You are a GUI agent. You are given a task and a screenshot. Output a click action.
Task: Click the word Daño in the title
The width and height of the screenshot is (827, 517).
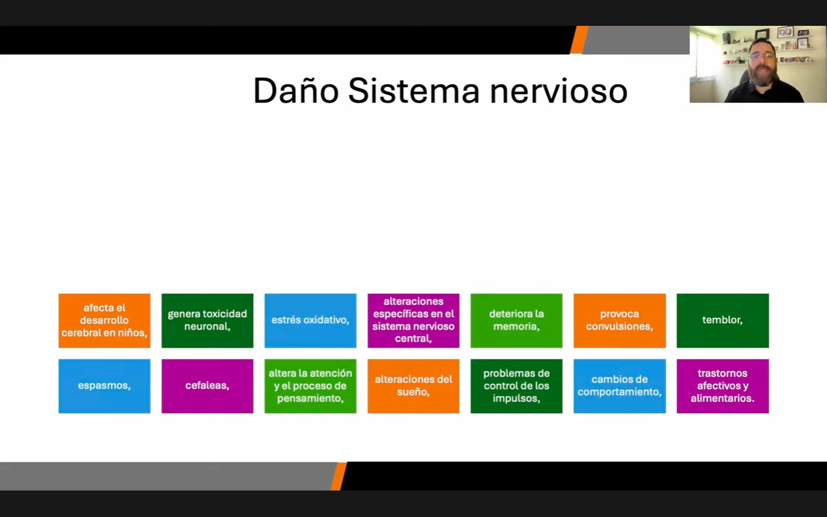click(x=296, y=91)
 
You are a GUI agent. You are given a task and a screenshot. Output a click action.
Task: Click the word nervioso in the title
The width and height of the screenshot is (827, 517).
click(x=559, y=91)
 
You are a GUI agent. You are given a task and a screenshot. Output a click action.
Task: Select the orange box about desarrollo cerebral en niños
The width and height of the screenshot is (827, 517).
click(x=105, y=321)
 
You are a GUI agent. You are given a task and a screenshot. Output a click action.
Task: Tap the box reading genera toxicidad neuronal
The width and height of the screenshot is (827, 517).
click(x=207, y=321)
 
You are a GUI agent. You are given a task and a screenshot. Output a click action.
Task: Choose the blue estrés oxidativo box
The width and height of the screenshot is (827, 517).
click(x=311, y=321)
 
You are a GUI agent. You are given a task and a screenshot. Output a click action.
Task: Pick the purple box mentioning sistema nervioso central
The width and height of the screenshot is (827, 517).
click(x=413, y=321)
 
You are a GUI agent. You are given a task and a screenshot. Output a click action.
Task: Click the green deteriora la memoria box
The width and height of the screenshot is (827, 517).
click(x=516, y=321)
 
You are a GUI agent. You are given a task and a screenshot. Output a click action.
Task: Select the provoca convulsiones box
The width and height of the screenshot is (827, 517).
click(x=620, y=321)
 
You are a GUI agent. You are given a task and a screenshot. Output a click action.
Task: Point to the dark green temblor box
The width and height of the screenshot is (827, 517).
click(x=723, y=321)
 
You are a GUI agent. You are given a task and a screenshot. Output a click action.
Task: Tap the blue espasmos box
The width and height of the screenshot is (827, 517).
click(x=105, y=386)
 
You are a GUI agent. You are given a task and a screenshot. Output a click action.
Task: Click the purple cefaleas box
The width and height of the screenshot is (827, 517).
click(x=207, y=386)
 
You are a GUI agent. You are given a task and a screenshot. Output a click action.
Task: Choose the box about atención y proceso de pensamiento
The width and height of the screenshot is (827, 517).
click(x=311, y=386)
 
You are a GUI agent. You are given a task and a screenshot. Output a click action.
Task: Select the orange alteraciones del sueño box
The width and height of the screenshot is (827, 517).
click(x=413, y=386)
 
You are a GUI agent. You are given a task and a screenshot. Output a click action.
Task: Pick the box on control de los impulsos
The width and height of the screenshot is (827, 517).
click(x=516, y=386)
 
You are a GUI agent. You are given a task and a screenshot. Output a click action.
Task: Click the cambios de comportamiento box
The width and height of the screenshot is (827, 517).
click(x=620, y=386)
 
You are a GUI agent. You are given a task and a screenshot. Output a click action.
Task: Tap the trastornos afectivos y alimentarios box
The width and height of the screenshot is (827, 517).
click(x=723, y=386)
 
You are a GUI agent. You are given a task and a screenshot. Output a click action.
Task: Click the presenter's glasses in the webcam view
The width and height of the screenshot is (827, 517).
click(x=762, y=56)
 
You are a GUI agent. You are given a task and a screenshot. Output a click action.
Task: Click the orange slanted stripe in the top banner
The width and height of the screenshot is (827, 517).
click(x=579, y=40)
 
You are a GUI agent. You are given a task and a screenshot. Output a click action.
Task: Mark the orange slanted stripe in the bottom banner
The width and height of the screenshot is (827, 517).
click(x=339, y=476)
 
